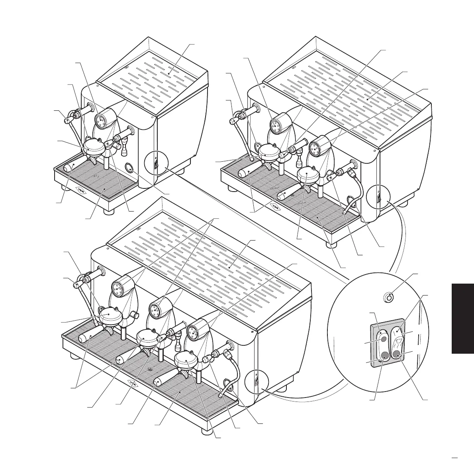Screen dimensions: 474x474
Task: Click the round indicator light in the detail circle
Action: tap(389, 297)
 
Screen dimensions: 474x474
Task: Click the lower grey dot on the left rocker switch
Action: tap(384, 356)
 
